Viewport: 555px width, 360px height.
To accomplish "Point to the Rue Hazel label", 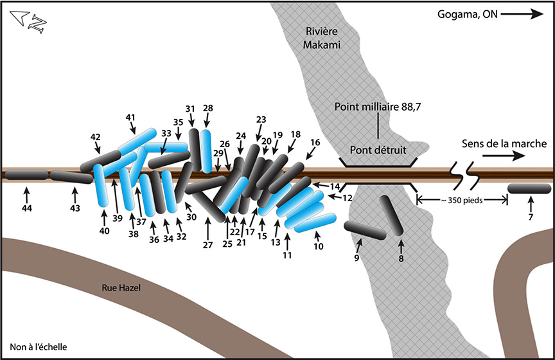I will click(121, 289).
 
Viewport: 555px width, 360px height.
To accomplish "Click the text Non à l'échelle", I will click(39, 347).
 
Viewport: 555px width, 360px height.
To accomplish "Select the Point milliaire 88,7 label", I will click(378, 107).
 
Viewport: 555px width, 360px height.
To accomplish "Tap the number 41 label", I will click(131, 117).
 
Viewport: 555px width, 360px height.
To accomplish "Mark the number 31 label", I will click(190, 108).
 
